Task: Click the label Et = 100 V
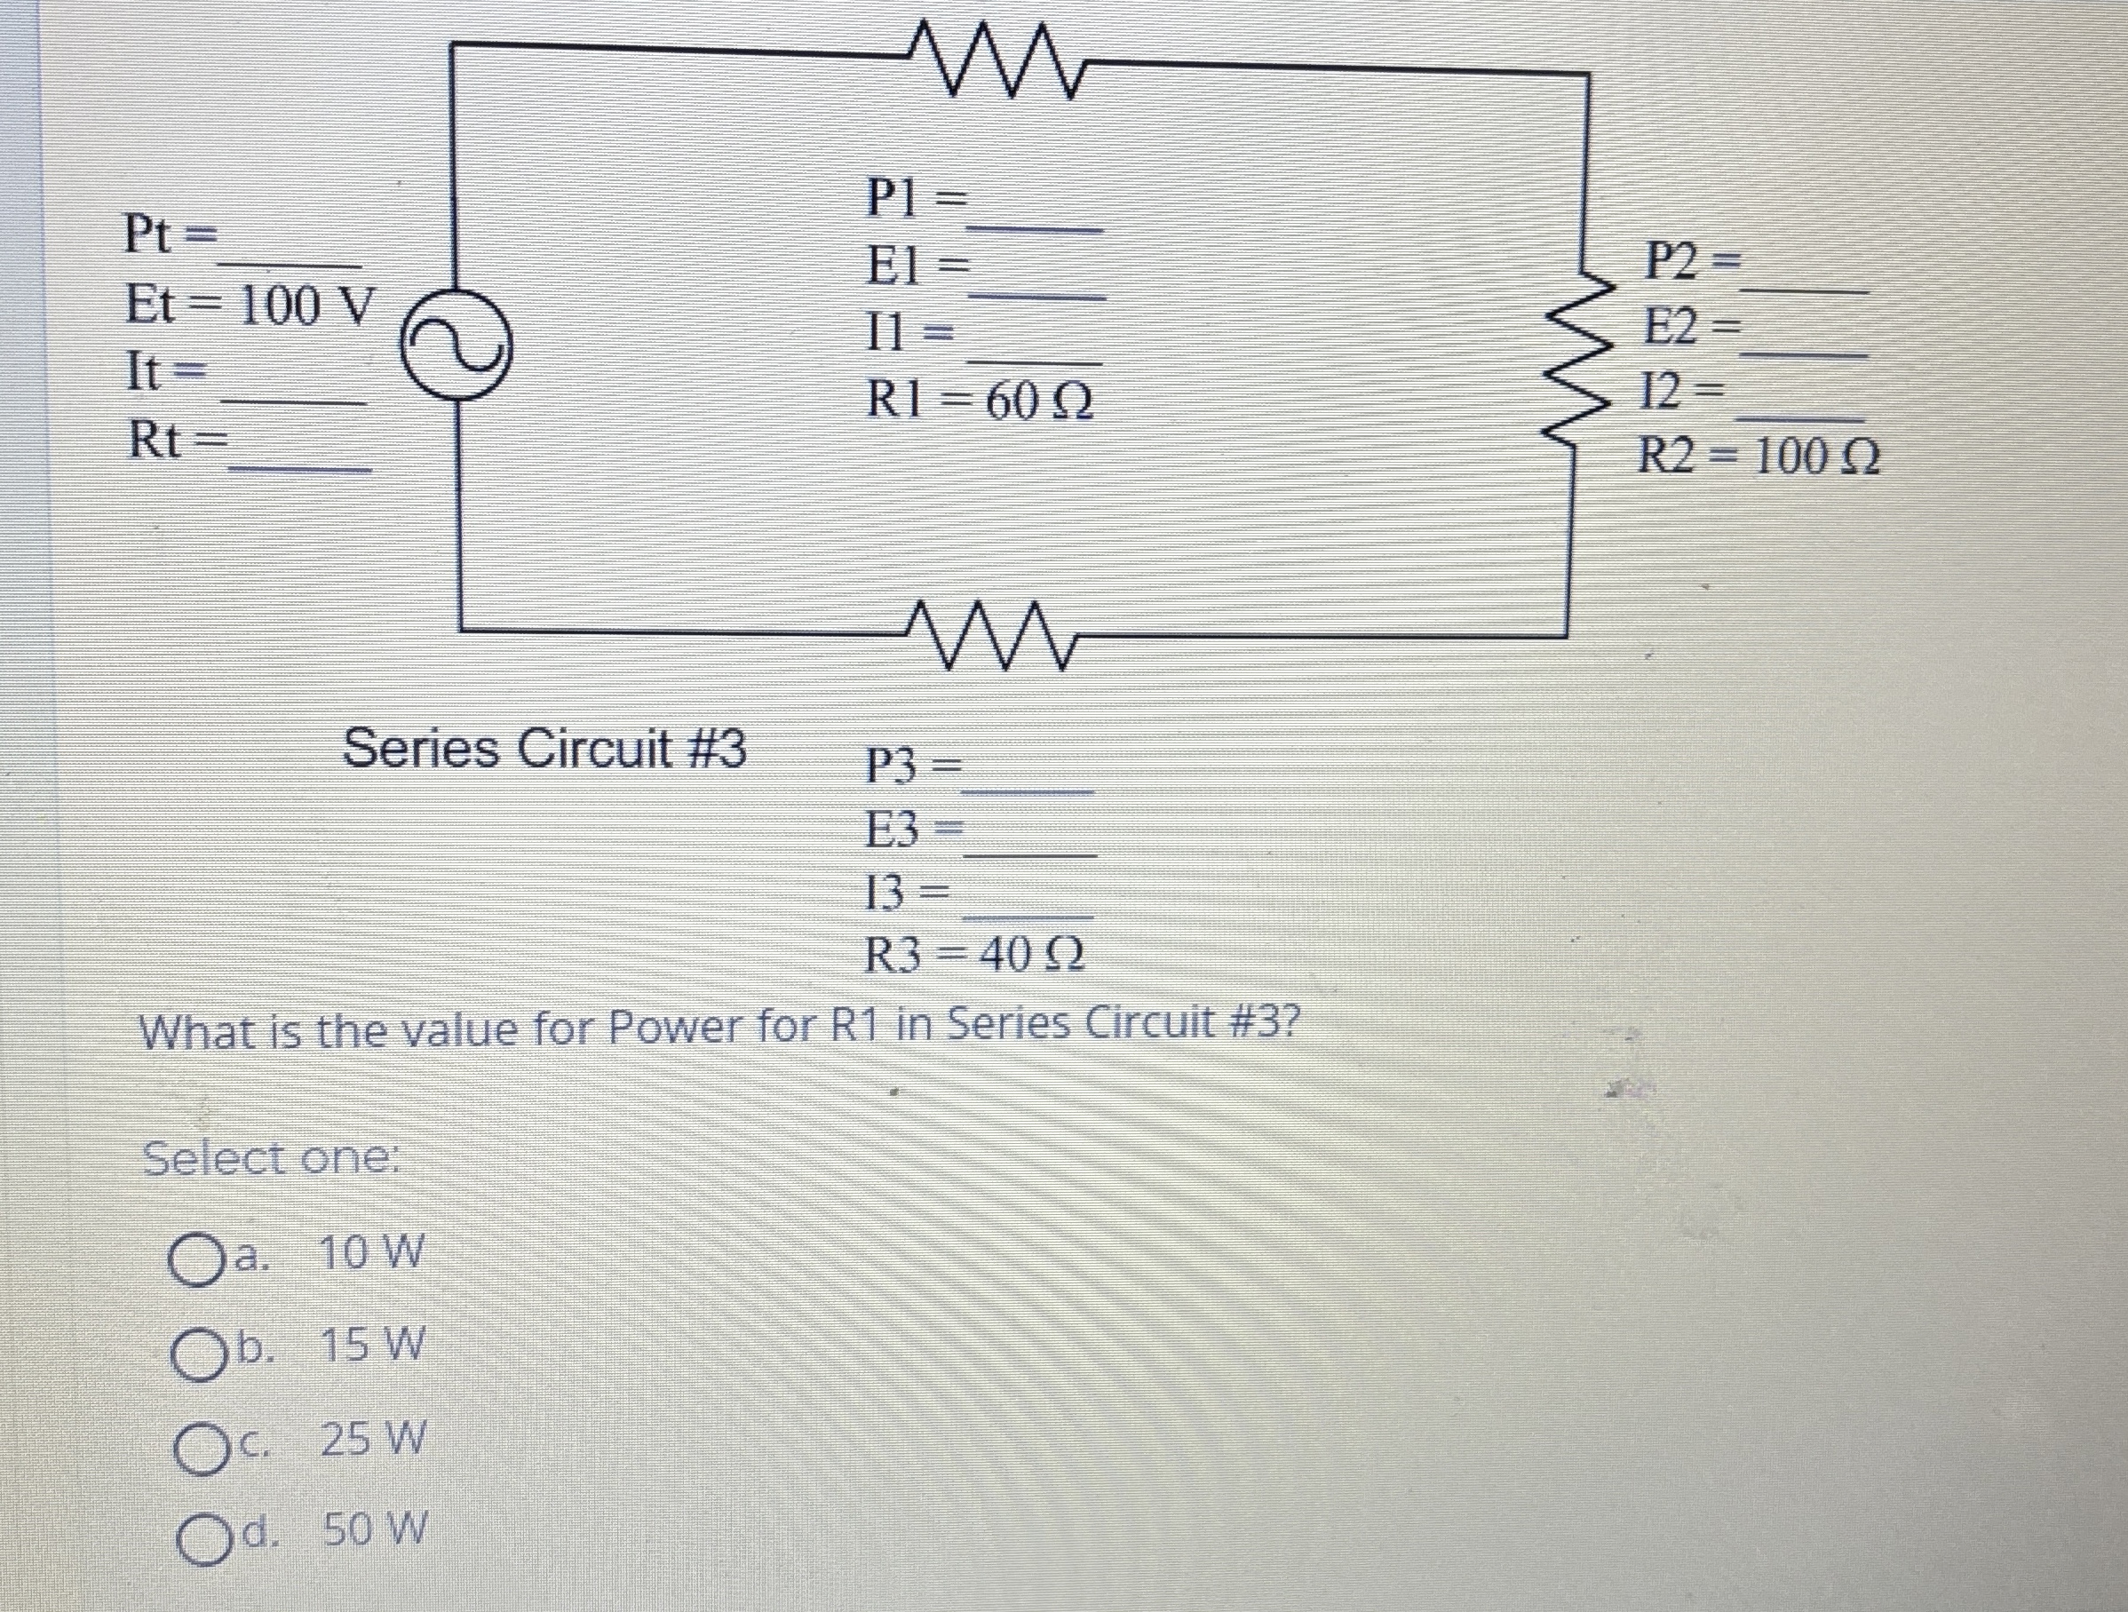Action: [248, 306]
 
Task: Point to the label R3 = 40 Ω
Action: [974, 955]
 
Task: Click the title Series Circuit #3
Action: [544, 749]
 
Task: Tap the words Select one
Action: [270, 1159]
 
